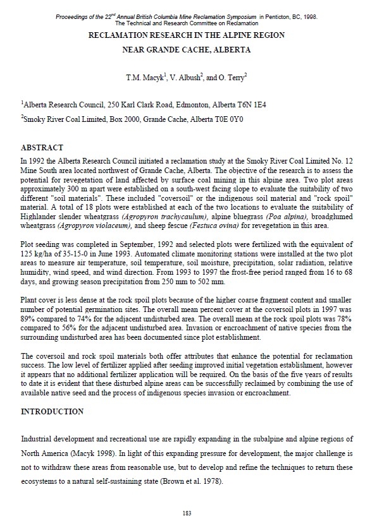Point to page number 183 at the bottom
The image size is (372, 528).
pyautogui.click(x=186, y=512)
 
